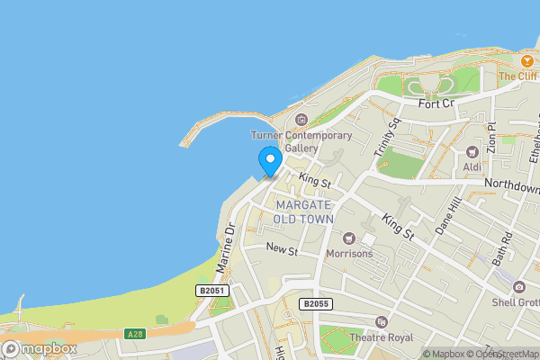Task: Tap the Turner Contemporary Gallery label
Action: click(301, 141)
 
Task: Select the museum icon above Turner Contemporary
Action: click(301, 120)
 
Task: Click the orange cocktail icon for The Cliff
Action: click(526, 60)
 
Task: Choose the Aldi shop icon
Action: click(472, 151)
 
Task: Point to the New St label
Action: click(282, 249)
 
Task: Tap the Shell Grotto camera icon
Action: click(518, 287)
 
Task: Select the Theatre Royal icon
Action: click(381, 322)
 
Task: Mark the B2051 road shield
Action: click(210, 290)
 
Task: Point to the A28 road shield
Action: click(135, 334)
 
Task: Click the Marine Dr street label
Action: click(224, 247)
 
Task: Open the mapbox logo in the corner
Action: click(40, 348)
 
